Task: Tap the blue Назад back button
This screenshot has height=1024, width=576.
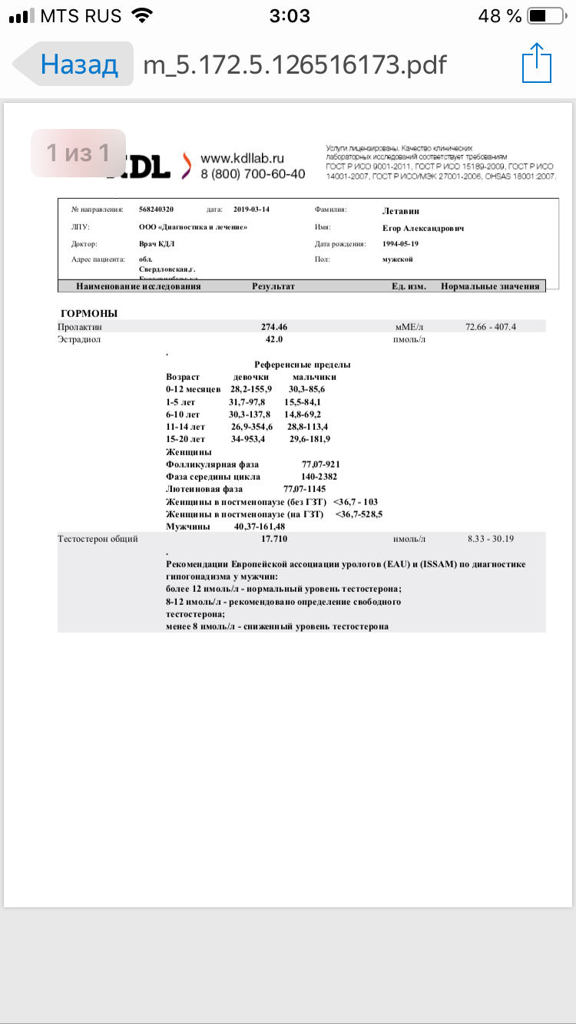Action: click(78, 64)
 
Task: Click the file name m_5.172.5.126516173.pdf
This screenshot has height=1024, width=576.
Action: click(295, 64)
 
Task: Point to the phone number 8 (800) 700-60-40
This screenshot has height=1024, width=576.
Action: click(253, 174)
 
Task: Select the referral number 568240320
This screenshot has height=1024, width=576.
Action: click(157, 209)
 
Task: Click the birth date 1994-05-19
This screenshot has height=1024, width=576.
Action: click(401, 243)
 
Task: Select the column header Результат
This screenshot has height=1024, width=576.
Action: click(273, 286)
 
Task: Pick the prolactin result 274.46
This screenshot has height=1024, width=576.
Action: click(274, 327)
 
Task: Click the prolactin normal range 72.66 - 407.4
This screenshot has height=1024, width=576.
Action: click(491, 327)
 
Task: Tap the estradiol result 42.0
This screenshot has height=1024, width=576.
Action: click(274, 339)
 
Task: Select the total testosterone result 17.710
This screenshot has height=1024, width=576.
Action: click(274, 539)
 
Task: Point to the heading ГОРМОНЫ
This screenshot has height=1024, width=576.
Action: click(89, 313)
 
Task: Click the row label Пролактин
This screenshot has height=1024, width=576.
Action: click(80, 327)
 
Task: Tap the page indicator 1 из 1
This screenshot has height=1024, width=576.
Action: click(78, 153)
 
